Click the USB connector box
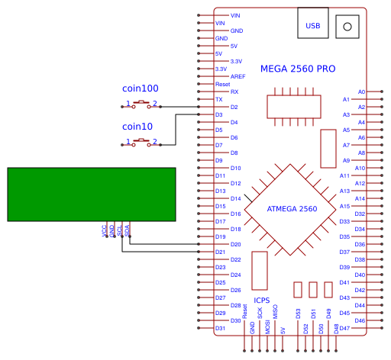[313, 25]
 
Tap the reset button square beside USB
[348, 26]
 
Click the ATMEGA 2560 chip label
[292, 209]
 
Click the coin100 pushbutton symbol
[142, 103]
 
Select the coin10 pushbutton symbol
[142, 141]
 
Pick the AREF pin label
[238, 76]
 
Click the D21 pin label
[220, 252]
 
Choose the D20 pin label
[235, 244]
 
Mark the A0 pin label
[361, 92]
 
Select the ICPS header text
[261, 300]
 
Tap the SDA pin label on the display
[128, 230]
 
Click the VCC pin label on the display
[105, 230]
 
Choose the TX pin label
[219, 99]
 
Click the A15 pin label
[344, 206]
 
